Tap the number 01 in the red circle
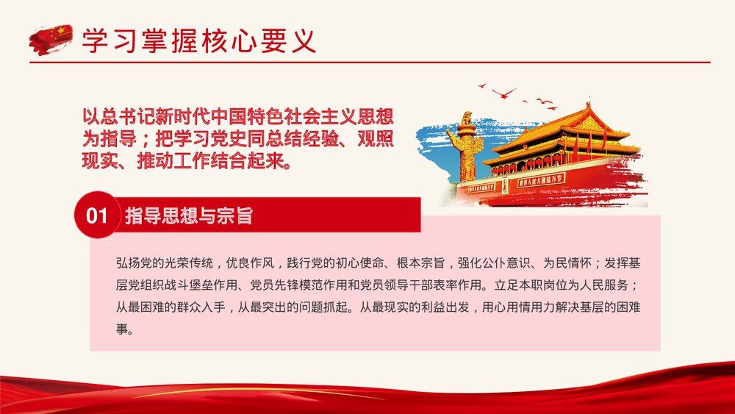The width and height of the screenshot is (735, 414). (97, 215)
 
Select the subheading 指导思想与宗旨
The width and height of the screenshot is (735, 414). (189, 215)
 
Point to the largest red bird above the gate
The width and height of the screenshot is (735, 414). (504, 93)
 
